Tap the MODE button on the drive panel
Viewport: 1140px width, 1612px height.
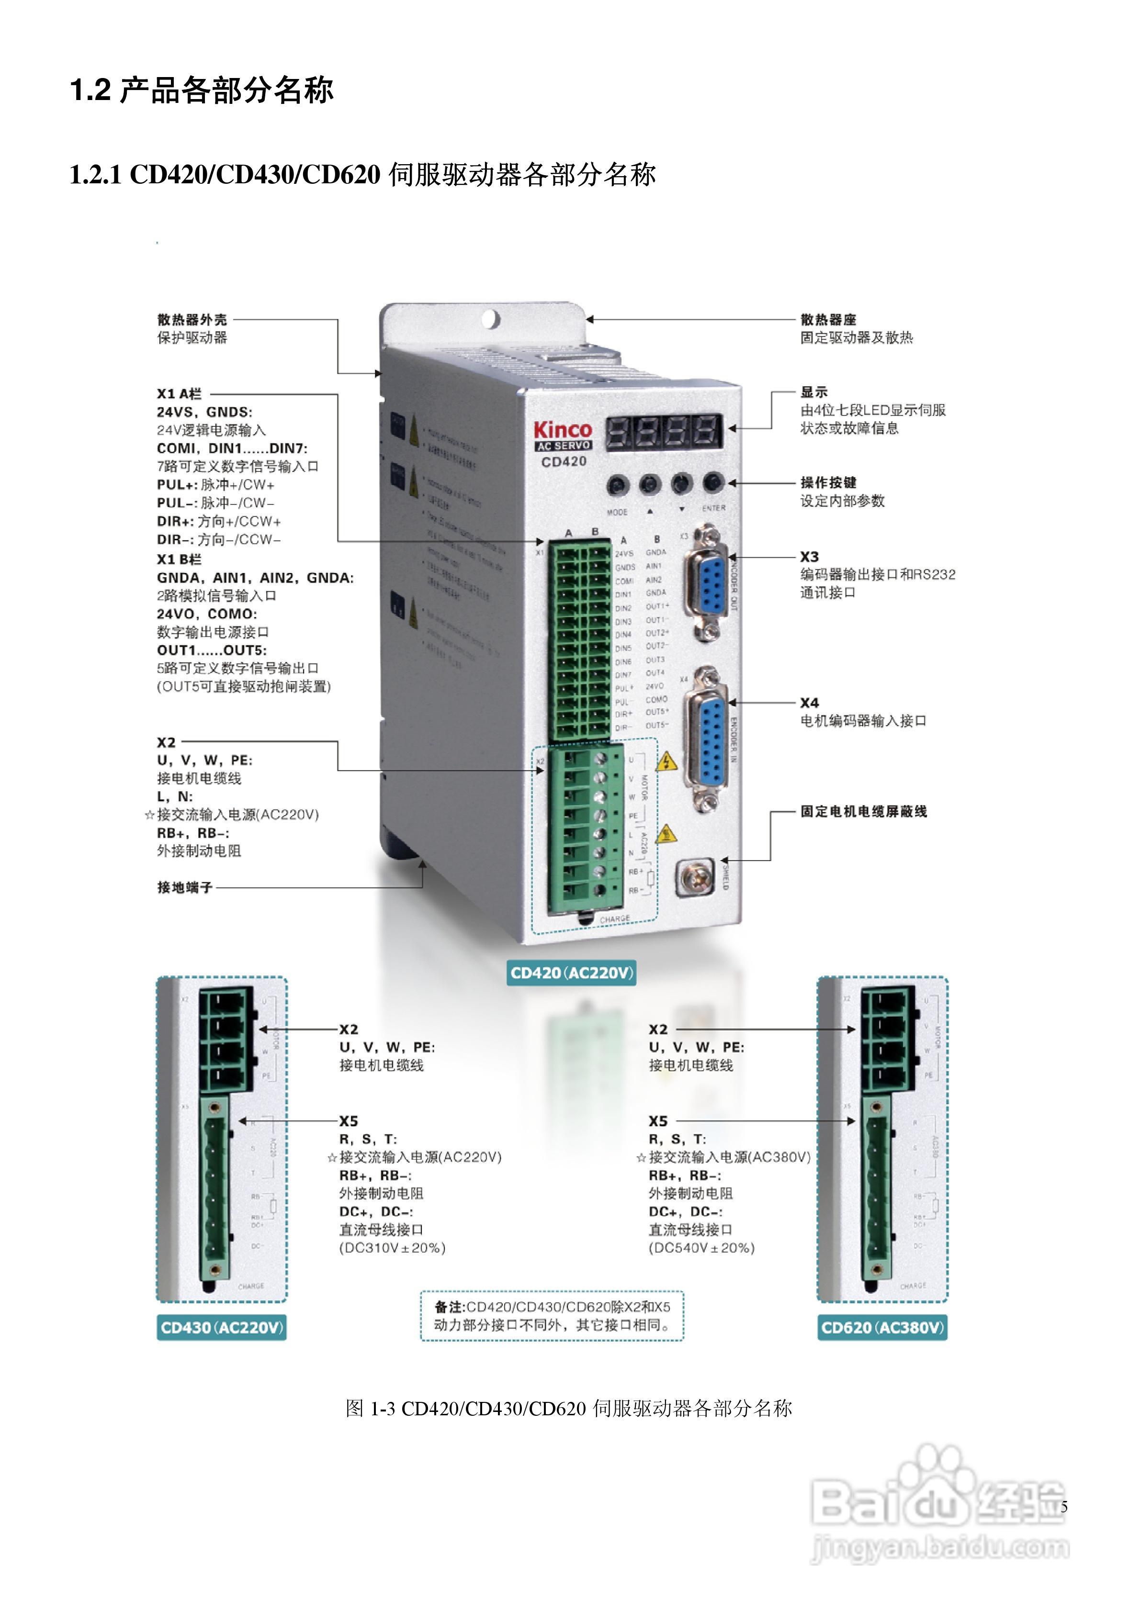618,484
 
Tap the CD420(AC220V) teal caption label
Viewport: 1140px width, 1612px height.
571,973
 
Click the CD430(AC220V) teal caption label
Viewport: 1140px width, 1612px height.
221,1328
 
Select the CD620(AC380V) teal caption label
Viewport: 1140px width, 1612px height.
882,1328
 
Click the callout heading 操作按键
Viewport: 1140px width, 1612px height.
828,482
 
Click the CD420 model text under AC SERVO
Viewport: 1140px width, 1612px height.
564,461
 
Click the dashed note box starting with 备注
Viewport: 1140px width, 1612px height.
552,1316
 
